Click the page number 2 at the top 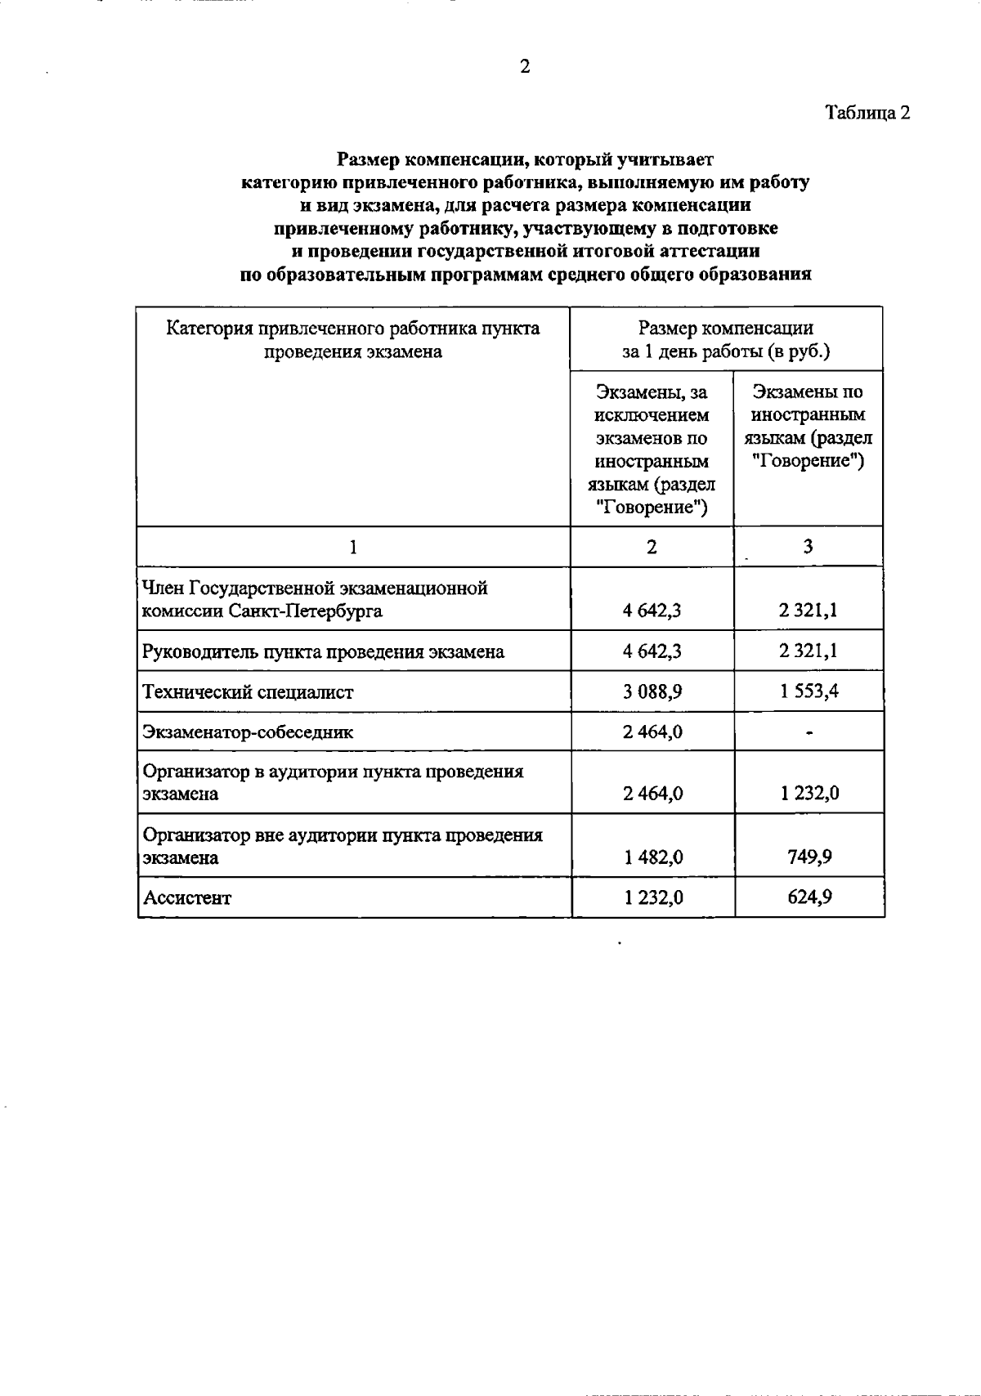[x=525, y=67]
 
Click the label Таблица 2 [x=867, y=112]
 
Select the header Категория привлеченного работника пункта [x=352, y=329]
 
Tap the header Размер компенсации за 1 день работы [x=725, y=340]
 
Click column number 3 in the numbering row [x=808, y=547]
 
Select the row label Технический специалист [x=248, y=692]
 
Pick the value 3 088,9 [x=652, y=691]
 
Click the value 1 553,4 [x=809, y=691]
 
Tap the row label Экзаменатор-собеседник [x=248, y=732]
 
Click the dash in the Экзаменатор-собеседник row [x=809, y=733]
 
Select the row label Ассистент [x=187, y=898]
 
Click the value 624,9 [x=809, y=897]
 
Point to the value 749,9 [x=809, y=857]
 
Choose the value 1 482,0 [x=652, y=857]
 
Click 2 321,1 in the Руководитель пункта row [x=809, y=651]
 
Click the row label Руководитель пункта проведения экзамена [x=323, y=652]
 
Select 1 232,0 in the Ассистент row [x=652, y=897]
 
